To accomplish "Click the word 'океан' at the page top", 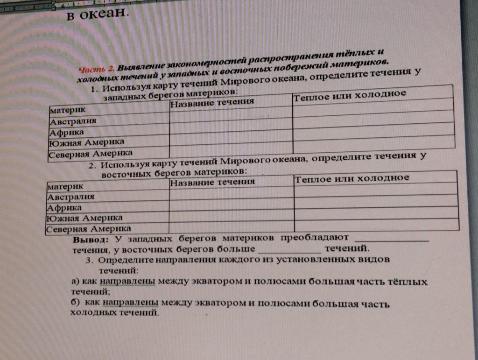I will click(x=103, y=14).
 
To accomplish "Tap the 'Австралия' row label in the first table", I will click(x=73, y=121).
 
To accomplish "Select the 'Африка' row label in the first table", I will click(x=67, y=132).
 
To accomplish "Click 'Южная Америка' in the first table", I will click(x=87, y=141).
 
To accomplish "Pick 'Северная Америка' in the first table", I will click(x=91, y=153).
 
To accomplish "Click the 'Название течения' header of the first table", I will click(x=212, y=102).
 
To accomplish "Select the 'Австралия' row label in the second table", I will click(x=71, y=197).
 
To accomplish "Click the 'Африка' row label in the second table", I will click(x=64, y=207).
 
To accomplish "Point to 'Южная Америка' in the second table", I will click(x=84, y=218).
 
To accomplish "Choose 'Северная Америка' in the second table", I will click(x=89, y=229).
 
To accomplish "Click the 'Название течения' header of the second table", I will click(x=212, y=182).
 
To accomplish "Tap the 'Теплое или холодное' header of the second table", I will click(x=352, y=178).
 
